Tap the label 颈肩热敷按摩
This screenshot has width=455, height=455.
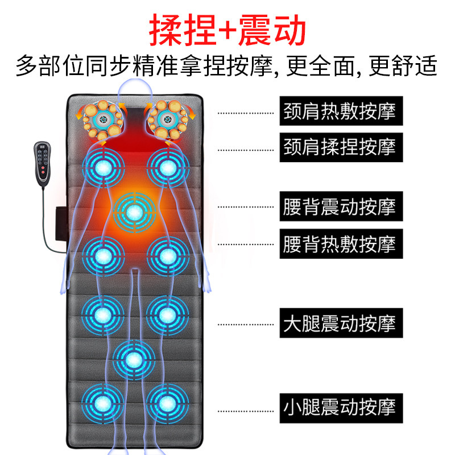339,111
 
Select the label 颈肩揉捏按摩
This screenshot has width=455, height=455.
339,147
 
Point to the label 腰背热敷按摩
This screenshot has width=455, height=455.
339,245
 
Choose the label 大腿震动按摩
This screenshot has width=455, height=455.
339,324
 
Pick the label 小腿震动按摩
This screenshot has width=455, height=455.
339,407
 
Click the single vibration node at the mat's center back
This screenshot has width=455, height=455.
134,213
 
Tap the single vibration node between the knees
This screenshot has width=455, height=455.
134,358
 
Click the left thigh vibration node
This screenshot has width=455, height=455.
103,313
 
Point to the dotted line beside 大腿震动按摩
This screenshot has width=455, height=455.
245,324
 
